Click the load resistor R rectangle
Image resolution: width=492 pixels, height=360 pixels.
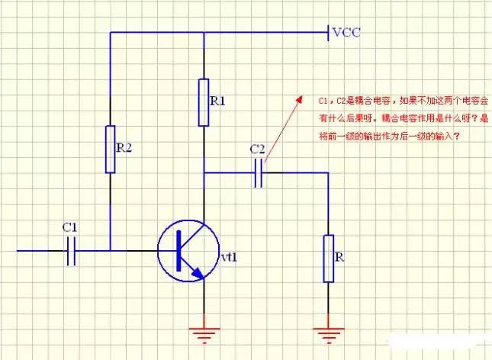coord(328,258)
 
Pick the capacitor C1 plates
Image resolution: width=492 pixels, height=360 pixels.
coord(72,249)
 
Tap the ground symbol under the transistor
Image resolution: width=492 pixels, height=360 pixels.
coord(204,333)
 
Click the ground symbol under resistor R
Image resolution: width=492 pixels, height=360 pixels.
coord(328,333)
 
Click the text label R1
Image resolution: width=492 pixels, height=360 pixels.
coord(217,101)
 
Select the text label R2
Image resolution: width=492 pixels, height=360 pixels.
coord(124,148)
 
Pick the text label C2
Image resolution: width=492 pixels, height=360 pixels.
coord(258,149)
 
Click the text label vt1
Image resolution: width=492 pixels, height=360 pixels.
coord(229,257)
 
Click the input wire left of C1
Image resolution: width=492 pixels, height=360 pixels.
coord(38,249)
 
